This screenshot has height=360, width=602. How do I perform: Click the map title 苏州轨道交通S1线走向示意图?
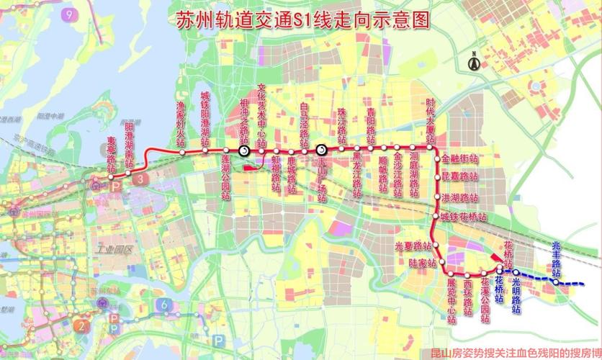[x=302, y=19]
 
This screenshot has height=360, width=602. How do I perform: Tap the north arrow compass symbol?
[x=475, y=63]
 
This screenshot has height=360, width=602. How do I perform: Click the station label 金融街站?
[x=460, y=158]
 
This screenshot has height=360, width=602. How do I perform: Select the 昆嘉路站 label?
[x=460, y=177]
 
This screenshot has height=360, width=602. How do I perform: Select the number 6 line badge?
[x=165, y=305]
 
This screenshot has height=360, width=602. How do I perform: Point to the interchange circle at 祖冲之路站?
[x=244, y=150]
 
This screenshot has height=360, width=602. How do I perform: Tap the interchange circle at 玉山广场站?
[x=322, y=150]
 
